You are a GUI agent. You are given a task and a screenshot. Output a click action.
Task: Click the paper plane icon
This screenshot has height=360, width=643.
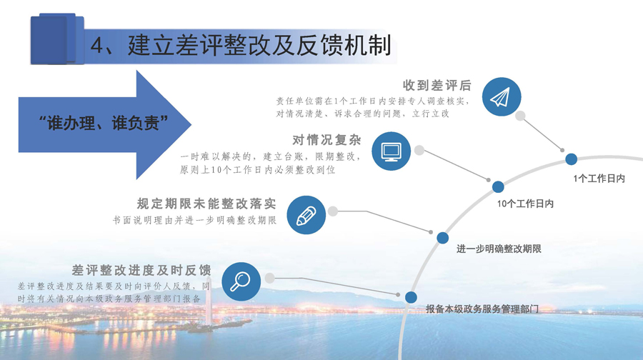coord(501,96)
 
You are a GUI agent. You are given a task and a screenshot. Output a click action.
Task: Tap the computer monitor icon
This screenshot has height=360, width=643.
coord(392,151)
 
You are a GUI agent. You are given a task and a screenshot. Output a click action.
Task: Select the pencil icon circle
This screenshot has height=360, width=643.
coord(306,215)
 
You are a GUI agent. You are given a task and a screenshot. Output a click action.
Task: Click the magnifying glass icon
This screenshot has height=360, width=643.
coord(241,281)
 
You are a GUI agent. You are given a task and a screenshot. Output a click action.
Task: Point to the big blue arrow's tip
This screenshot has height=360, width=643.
coord(191,125)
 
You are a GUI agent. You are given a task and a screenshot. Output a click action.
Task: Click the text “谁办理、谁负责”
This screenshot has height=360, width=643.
coord(104,123)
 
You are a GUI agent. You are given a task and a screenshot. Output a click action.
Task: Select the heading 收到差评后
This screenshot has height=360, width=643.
coord(437,85)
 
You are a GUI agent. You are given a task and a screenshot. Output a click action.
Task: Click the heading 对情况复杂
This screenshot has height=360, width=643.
coord(327,140)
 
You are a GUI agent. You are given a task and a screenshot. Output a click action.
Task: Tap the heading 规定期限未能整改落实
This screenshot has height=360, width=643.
coord(206,204)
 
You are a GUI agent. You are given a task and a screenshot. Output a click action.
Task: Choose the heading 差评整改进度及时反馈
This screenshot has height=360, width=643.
coord(141,270)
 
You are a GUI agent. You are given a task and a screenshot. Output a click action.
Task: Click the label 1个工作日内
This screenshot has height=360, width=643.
coord(599,179)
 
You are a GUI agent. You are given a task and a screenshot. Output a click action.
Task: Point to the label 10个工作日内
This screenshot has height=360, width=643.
coord(525,204)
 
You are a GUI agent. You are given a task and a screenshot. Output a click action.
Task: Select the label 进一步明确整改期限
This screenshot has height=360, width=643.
coord(499,249)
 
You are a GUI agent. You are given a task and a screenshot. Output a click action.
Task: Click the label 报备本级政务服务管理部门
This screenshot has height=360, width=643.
coord(482,309)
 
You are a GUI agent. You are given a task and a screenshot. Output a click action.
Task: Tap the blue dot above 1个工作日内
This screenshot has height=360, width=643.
coord(572,159)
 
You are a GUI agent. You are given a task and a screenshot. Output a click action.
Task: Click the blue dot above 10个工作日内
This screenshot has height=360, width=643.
coord(498,187)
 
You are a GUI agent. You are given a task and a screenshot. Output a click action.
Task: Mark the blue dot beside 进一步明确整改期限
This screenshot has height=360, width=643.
coord(442,238)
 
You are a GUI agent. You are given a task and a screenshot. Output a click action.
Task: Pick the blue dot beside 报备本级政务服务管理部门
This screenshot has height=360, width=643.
coord(411,297)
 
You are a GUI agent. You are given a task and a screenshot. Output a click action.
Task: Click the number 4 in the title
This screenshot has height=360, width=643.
coord(96,45)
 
